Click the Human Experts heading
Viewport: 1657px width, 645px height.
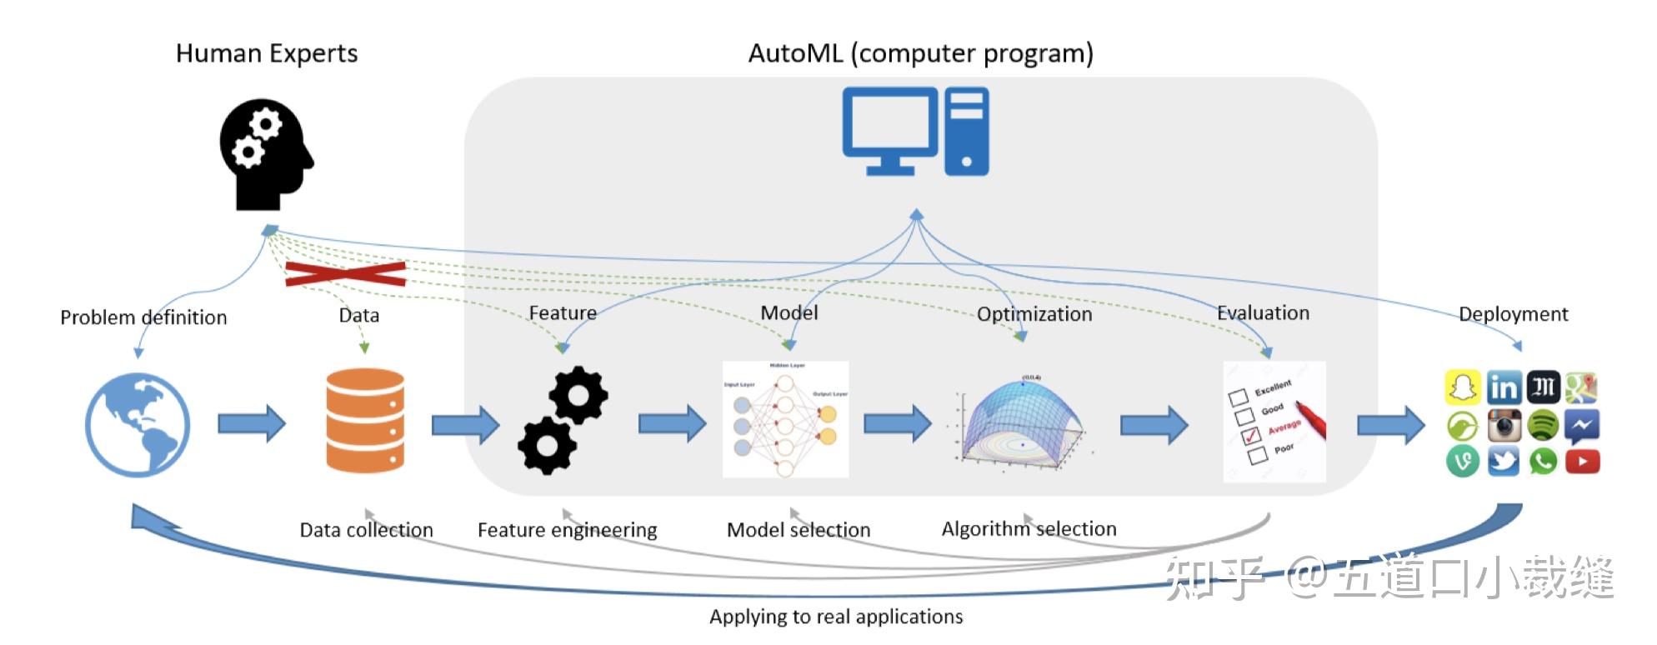click(267, 53)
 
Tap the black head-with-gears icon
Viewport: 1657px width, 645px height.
click(264, 155)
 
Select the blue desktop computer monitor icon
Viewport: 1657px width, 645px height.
click(890, 132)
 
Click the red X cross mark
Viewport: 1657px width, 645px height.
click(345, 273)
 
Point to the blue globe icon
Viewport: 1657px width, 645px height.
click(138, 425)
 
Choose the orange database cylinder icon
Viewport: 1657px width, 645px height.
click(365, 421)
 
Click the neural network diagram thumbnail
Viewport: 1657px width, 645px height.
click(785, 419)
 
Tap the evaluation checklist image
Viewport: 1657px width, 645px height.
click(1274, 421)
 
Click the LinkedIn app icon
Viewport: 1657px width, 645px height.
click(1504, 387)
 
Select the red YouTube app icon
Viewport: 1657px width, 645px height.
click(1582, 461)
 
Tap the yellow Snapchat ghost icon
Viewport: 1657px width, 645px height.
click(1463, 387)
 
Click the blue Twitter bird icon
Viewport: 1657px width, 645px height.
click(1504, 461)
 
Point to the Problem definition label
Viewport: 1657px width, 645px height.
click(143, 317)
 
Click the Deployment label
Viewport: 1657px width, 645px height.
click(1513, 314)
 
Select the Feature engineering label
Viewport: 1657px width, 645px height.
click(567, 530)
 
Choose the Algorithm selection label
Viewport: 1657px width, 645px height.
click(1029, 529)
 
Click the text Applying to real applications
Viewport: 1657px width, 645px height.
click(836, 617)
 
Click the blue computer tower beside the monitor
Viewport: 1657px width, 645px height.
click(967, 132)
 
